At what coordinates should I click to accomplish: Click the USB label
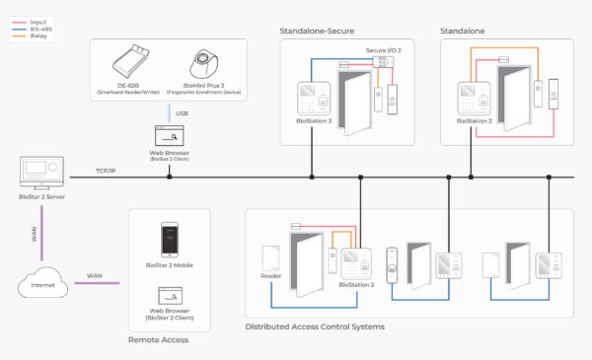point(182,112)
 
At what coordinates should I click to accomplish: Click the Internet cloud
point(43,286)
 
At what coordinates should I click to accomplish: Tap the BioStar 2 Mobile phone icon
point(169,240)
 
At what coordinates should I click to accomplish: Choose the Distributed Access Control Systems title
point(314,325)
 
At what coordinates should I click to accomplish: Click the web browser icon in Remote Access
point(169,297)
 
